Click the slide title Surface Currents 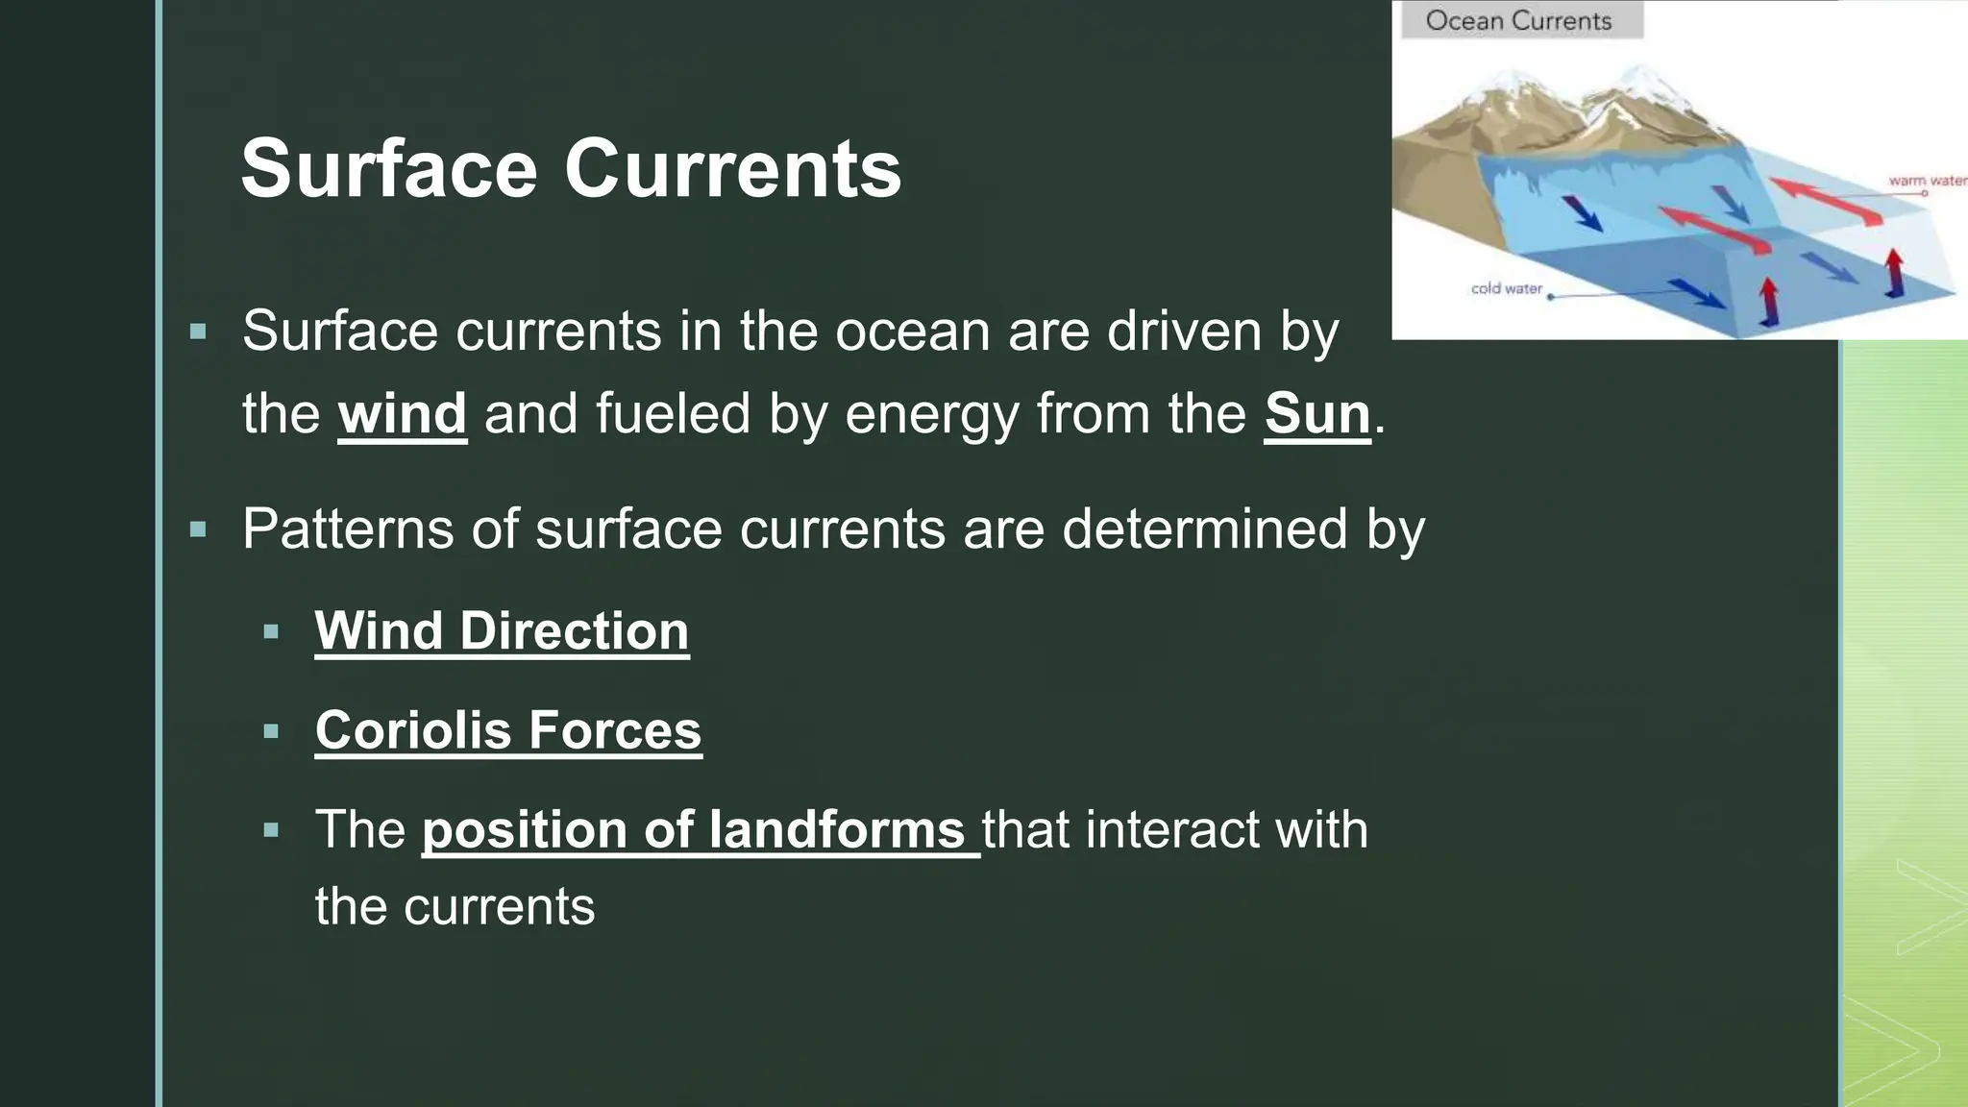pos(571,169)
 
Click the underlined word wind pos(403,414)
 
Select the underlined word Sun pos(1317,414)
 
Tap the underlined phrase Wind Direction pos(502,631)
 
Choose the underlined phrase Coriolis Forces pos(508,730)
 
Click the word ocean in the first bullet pos(912,332)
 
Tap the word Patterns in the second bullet pos(348,529)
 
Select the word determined pos(1204,529)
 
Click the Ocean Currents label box pos(1520,20)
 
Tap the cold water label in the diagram pos(1506,288)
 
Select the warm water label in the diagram pos(1927,181)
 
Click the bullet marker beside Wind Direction pos(271,632)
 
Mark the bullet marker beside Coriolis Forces pos(271,731)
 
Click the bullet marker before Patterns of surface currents pos(199,529)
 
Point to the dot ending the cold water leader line pos(1551,297)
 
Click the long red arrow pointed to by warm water pos(1825,201)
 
